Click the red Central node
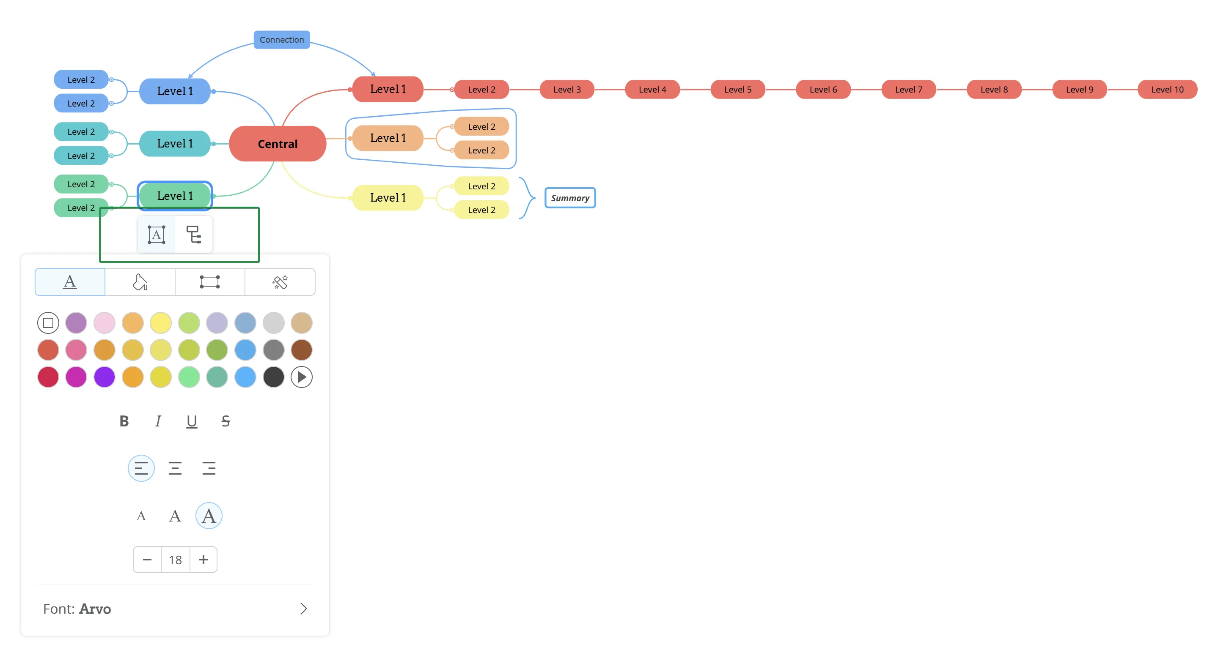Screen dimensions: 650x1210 [x=277, y=144]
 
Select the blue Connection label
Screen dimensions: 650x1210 [x=281, y=40]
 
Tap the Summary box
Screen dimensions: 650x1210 [x=570, y=198]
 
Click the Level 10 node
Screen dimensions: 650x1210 [x=1167, y=90]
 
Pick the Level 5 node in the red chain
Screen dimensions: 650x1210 [x=737, y=90]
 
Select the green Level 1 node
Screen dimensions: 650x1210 [x=175, y=196]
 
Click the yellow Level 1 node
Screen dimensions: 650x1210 [x=388, y=198]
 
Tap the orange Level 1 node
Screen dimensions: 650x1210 [x=388, y=138]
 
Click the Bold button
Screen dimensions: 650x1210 [x=124, y=421]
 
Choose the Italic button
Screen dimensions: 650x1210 [x=158, y=421]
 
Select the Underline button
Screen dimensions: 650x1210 [x=192, y=421]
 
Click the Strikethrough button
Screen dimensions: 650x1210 [x=225, y=421]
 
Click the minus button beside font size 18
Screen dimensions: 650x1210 [x=147, y=560]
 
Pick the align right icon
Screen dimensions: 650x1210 [x=209, y=468]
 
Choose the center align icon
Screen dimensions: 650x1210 [x=175, y=468]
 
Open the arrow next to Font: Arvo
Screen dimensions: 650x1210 [x=303, y=609]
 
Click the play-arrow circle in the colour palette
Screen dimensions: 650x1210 [x=302, y=377]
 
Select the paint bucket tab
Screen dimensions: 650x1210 [x=140, y=282]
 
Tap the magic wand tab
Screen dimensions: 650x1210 [x=280, y=282]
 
